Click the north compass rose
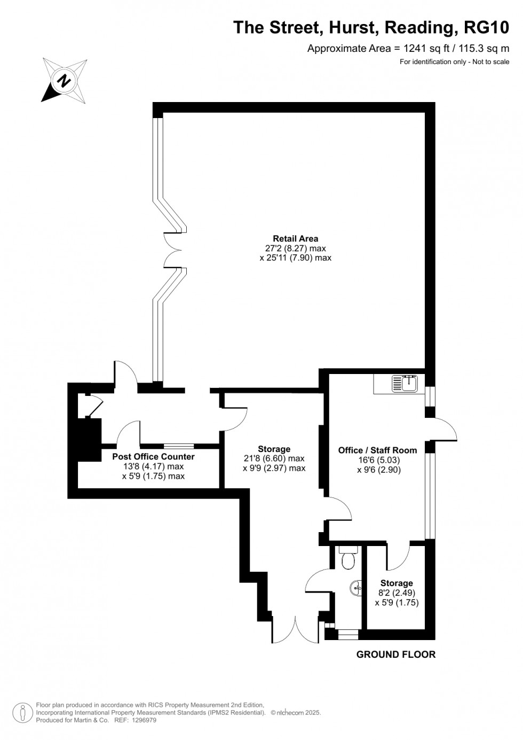(x=65, y=81)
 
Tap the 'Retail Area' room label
(x=295, y=239)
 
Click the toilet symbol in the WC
(x=347, y=560)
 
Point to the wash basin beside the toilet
(x=355, y=589)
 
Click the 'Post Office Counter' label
(x=153, y=457)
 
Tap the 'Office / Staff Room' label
(x=377, y=450)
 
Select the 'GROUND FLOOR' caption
(x=395, y=654)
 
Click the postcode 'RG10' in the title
(x=486, y=27)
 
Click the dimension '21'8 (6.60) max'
(x=274, y=458)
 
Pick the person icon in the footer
(x=23, y=712)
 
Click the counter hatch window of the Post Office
(x=179, y=446)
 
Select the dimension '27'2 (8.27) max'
(x=295, y=248)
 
